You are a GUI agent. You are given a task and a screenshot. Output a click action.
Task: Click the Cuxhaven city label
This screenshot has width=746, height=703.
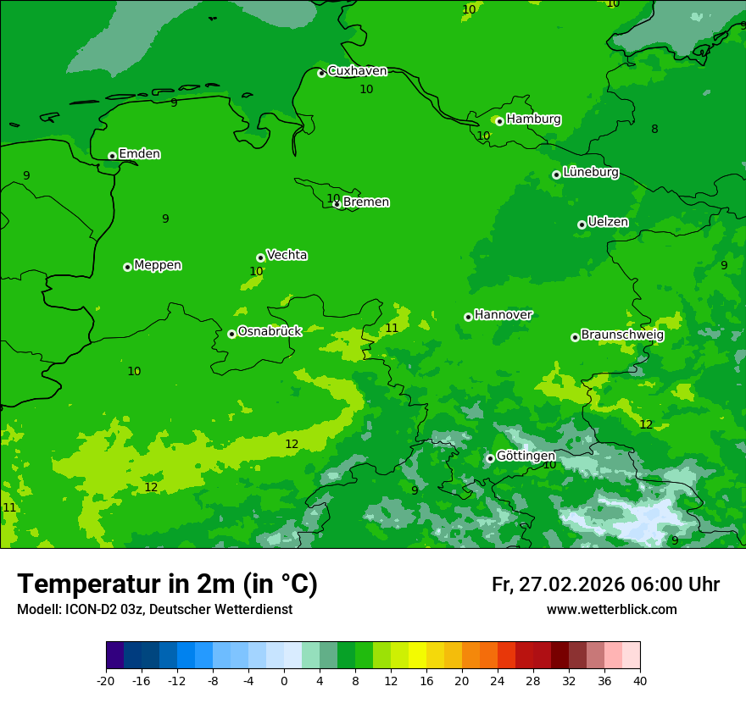click(357, 71)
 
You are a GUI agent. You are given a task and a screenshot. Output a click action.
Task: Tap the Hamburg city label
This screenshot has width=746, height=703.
click(533, 119)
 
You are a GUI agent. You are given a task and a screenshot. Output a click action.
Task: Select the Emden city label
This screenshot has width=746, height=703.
click(139, 154)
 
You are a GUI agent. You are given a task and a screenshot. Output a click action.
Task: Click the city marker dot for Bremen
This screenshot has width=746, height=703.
click(337, 204)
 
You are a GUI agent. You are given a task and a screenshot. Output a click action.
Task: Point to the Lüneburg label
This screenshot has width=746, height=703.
click(590, 172)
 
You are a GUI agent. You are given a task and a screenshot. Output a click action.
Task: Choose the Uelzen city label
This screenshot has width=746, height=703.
click(608, 222)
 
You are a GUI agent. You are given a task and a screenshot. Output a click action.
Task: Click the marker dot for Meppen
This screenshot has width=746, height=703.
click(127, 267)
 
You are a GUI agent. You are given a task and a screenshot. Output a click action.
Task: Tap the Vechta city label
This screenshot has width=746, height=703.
click(287, 255)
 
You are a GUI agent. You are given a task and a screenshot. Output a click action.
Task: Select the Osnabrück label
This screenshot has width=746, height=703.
click(270, 331)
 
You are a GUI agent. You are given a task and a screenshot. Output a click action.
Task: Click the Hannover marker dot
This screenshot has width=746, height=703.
click(468, 317)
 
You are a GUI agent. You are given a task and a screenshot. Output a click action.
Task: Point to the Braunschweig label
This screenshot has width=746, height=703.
click(622, 335)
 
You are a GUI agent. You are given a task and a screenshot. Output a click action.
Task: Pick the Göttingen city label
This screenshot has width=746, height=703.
click(526, 456)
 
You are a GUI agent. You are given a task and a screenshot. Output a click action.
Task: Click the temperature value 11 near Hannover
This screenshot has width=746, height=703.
click(392, 328)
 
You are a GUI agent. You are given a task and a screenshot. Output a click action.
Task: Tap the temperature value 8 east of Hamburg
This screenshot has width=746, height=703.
click(654, 129)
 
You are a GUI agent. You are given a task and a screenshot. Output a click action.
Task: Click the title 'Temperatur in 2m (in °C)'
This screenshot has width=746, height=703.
click(167, 584)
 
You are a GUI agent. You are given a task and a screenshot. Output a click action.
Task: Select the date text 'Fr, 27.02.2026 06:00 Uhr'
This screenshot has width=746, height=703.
click(605, 584)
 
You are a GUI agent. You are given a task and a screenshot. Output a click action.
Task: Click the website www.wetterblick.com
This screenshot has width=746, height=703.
click(611, 610)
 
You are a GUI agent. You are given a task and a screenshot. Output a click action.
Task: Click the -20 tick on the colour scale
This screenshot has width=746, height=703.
click(106, 680)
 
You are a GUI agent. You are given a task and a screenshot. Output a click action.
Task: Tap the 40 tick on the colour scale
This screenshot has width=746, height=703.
click(640, 680)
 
